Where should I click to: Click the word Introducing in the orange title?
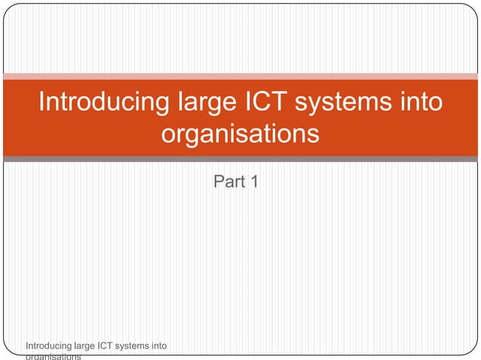point(101,102)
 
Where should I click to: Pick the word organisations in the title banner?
point(240,136)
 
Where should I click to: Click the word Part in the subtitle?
point(229,182)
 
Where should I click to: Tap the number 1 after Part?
point(255,182)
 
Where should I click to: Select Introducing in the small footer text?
point(48,346)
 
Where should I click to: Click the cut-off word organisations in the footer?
point(54,357)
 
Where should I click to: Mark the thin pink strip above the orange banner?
point(240,76)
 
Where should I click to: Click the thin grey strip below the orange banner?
point(240,159)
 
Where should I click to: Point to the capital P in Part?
point(219,182)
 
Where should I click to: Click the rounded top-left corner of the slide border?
point(8,8)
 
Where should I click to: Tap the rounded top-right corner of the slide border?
point(473,8)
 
